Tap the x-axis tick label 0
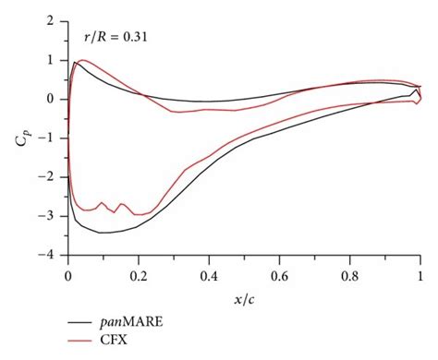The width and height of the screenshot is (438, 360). [x=68, y=274]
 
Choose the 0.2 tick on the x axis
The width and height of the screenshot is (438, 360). [x=139, y=274]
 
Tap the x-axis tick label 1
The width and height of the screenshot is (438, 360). [x=420, y=274]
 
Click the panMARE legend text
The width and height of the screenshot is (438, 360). [x=140, y=323]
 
